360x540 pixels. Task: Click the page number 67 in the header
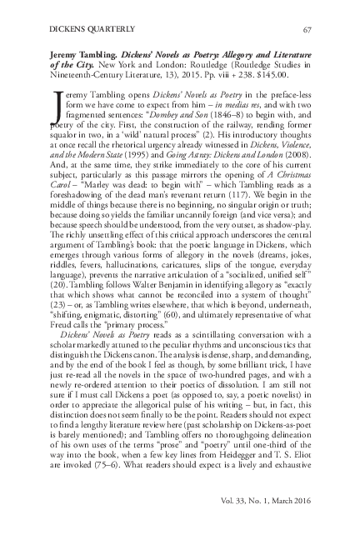coord(307,30)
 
